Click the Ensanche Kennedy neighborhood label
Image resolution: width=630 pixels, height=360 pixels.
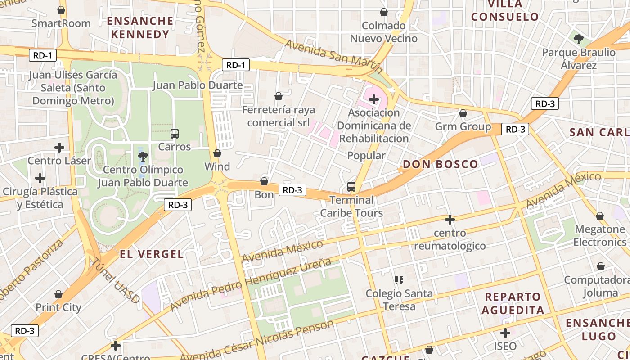click(x=140, y=27)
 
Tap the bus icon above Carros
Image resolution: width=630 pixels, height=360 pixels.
click(x=175, y=134)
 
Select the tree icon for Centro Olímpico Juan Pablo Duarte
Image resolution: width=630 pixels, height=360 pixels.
click(x=143, y=157)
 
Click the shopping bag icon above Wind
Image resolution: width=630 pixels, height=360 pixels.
click(x=217, y=153)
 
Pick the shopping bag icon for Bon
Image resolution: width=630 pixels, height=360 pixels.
click(x=264, y=181)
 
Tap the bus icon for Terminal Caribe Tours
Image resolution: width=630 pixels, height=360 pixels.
click(x=351, y=186)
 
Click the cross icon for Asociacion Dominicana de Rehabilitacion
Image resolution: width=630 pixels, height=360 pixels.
click(x=374, y=99)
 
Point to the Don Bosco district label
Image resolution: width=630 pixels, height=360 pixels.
click(x=440, y=164)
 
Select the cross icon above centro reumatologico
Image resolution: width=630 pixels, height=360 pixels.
click(x=450, y=220)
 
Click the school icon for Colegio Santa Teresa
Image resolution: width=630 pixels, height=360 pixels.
click(x=399, y=280)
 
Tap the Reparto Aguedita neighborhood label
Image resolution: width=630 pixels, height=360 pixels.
click(x=513, y=303)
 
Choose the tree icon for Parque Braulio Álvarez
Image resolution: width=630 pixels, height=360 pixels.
click(x=579, y=39)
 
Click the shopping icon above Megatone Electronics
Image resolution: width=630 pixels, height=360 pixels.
click(x=600, y=216)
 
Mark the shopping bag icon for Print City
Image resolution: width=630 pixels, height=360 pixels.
click(x=58, y=295)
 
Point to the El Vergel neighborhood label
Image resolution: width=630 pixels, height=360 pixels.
click(x=152, y=254)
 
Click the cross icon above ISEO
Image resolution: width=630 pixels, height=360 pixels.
click(x=505, y=333)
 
